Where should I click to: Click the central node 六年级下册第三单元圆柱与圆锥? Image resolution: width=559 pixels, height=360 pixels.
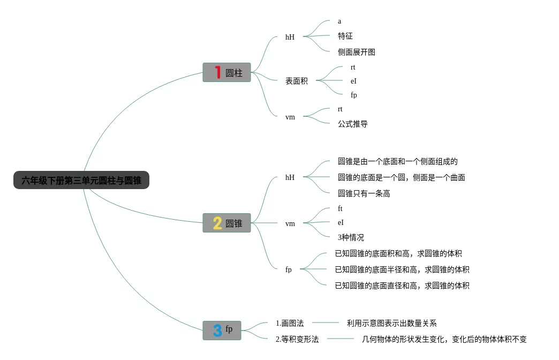point(81,181)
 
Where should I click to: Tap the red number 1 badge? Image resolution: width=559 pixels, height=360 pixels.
point(217,72)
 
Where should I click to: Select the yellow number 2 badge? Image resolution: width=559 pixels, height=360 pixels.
point(217,223)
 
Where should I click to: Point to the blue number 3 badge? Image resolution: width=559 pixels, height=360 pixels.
point(217,330)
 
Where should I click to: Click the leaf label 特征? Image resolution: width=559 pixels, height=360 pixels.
point(345,36)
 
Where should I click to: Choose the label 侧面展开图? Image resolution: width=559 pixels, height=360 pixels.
point(357,52)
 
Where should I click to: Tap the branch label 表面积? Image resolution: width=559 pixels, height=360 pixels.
point(297,81)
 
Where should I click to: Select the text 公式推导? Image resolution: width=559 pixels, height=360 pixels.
point(353,124)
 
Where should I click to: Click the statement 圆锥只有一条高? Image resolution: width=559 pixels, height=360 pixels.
point(364,193)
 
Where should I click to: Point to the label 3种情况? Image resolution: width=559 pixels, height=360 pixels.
point(351,237)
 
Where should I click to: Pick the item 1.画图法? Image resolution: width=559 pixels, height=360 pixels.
point(290,323)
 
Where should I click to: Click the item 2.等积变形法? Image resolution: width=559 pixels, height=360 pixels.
point(297,339)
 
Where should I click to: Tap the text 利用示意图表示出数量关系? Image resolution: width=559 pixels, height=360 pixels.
point(392,323)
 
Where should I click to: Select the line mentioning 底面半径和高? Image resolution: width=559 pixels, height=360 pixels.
point(402,269)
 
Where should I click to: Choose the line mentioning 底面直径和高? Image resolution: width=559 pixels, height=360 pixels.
point(402,286)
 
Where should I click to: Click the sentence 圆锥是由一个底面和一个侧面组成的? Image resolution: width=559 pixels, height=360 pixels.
point(398,161)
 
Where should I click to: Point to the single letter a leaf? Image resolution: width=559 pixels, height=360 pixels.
point(339,21)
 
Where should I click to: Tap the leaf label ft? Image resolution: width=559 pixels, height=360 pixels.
point(340,208)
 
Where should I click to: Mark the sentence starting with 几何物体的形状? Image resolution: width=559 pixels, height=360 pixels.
point(444,339)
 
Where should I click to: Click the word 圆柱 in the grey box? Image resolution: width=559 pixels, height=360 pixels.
point(234,73)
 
